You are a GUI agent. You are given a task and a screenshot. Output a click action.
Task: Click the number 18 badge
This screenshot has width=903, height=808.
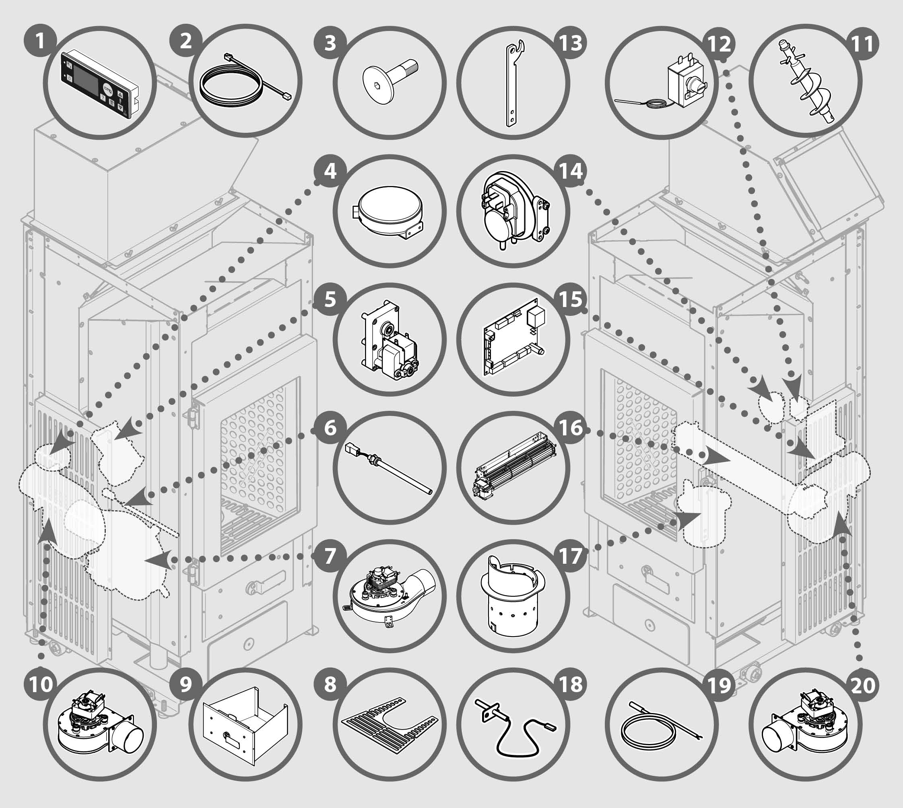571,684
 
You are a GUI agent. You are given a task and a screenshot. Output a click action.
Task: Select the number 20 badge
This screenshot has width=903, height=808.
863,684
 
